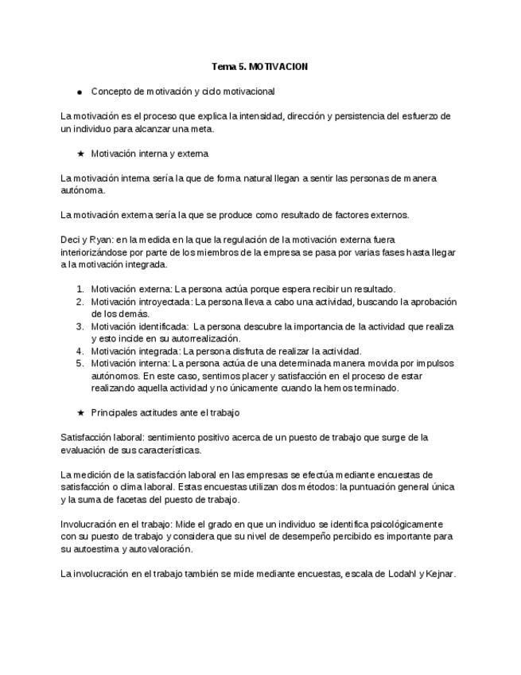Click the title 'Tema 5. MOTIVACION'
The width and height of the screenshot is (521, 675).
click(260, 67)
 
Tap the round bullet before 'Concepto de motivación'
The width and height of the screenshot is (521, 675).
click(80, 92)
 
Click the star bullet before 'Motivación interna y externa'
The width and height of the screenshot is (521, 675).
click(80, 154)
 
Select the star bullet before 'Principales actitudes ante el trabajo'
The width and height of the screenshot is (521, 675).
click(80, 413)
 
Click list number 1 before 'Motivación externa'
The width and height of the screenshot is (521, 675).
click(80, 290)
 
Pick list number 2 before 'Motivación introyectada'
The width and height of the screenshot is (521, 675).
click(80, 302)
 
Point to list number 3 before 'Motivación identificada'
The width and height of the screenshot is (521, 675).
click(80, 326)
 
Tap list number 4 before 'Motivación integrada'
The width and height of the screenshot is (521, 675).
click(80, 351)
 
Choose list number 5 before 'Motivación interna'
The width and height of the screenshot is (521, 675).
click(80, 363)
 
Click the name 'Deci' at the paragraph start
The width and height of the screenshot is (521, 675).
click(70, 240)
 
